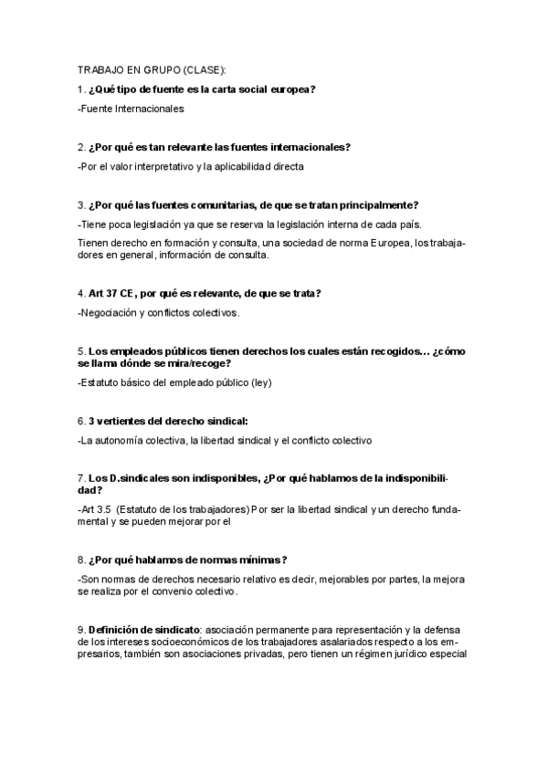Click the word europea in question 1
[290, 89]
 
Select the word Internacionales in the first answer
[146, 109]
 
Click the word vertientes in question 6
[120, 421]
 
